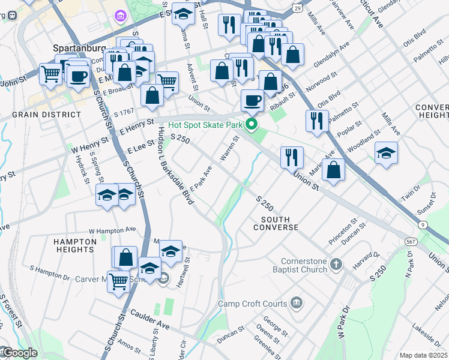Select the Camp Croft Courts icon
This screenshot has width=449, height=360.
point(296,302)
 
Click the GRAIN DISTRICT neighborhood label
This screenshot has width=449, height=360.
point(46,114)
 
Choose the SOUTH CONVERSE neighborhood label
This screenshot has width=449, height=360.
point(276,223)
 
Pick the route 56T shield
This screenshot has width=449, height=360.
point(411,241)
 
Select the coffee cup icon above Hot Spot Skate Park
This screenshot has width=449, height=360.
point(252,100)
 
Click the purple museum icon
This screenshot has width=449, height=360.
point(119,15)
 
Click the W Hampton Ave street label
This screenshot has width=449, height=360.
point(112,230)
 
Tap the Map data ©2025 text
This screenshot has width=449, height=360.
point(423,355)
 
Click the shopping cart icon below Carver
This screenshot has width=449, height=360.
point(118,280)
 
